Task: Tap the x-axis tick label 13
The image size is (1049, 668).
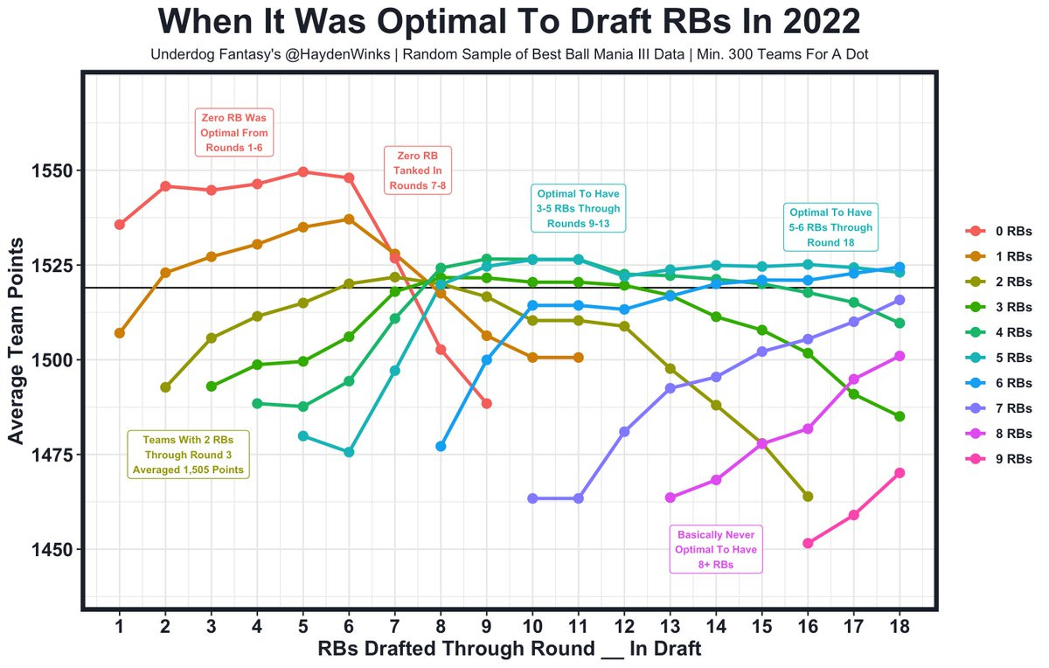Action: pyautogui.click(x=670, y=627)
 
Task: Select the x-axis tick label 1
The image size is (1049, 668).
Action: pyautogui.click(x=119, y=627)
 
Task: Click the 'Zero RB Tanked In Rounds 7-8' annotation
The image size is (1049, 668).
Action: pyautogui.click(x=418, y=170)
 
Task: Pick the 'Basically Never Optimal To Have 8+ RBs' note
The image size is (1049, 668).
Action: pyautogui.click(x=716, y=550)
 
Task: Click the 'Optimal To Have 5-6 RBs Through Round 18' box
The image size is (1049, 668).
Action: pyautogui.click(x=830, y=227)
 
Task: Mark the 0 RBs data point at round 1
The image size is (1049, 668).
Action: pyautogui.click(x=119, y=225)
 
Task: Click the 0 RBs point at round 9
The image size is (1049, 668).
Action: pyautogui.click(x=486, y=403)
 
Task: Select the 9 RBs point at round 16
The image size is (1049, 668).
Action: pyautogui.click(x=808, y=543)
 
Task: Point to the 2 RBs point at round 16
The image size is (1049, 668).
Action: pyautogui.click(x=808, y=497)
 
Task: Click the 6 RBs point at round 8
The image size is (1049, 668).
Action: pyautogui.click(x=441, y=446)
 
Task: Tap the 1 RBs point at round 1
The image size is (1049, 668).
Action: pyautogui.click(x=119, y=333)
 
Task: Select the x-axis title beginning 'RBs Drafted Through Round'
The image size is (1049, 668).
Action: pyautogui.click(x=510, y=650)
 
